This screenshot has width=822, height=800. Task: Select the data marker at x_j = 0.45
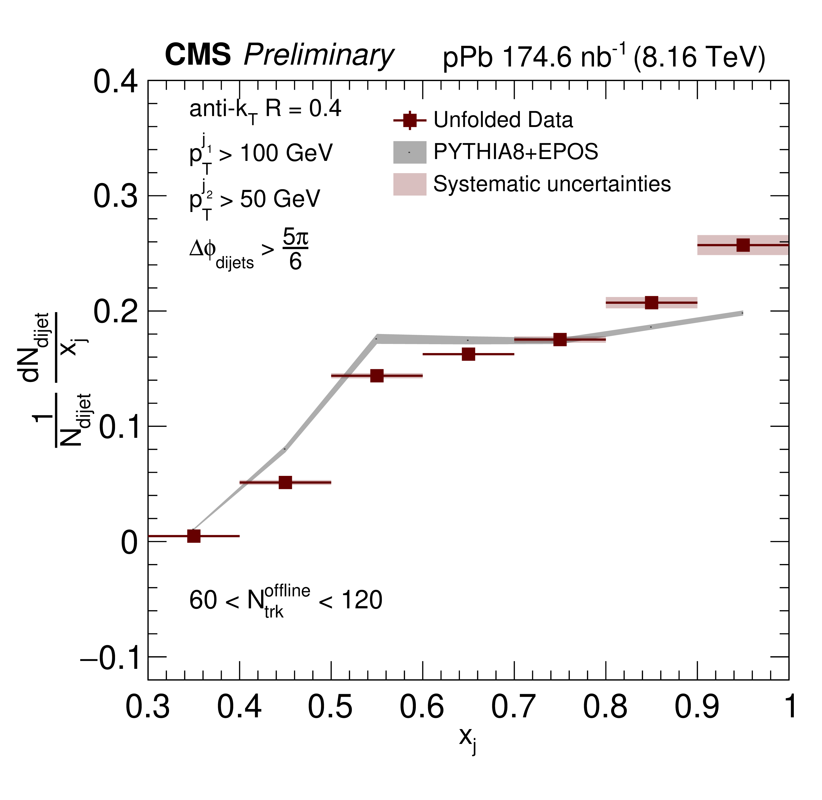coord(285,482)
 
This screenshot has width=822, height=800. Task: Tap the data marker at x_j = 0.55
coord(377,376)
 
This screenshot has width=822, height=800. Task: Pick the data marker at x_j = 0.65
coord(469,354)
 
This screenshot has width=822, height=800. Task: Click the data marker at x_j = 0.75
coord(560,340)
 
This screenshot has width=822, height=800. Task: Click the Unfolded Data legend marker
coord(410,120)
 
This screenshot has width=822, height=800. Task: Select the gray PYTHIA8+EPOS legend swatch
coord(410,152)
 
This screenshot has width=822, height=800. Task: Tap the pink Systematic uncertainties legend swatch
coord(410,184)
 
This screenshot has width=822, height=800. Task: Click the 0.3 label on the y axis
coord(115,196)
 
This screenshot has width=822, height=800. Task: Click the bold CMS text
coord(198,54)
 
